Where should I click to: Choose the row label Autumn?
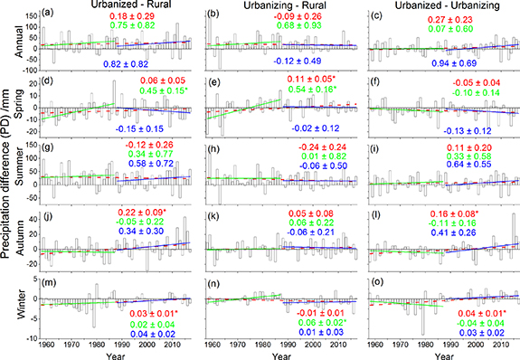18,244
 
